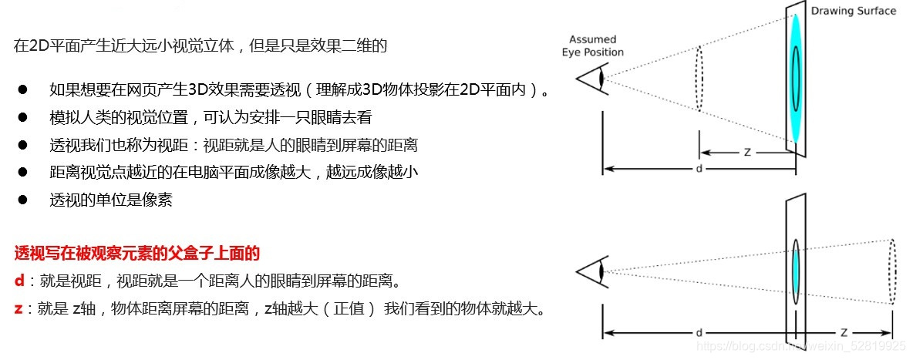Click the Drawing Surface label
[x=854, y=11]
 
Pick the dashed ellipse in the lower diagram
[x=892, y=272]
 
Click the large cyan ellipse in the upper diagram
[x=795, y=77]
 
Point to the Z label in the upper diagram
[x=747, y=153]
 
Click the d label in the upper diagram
[x=699, y=167]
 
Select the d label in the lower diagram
[x=699, y=333]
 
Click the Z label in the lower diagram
[x=844, y=333]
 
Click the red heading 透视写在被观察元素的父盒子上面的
[x=137, y=253]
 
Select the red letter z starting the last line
[x=19, y=309]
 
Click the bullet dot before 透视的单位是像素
[x=23, y=200]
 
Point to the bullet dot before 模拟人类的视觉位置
[x=23, y=117]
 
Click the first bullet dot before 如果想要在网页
[x=23, y=89]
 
